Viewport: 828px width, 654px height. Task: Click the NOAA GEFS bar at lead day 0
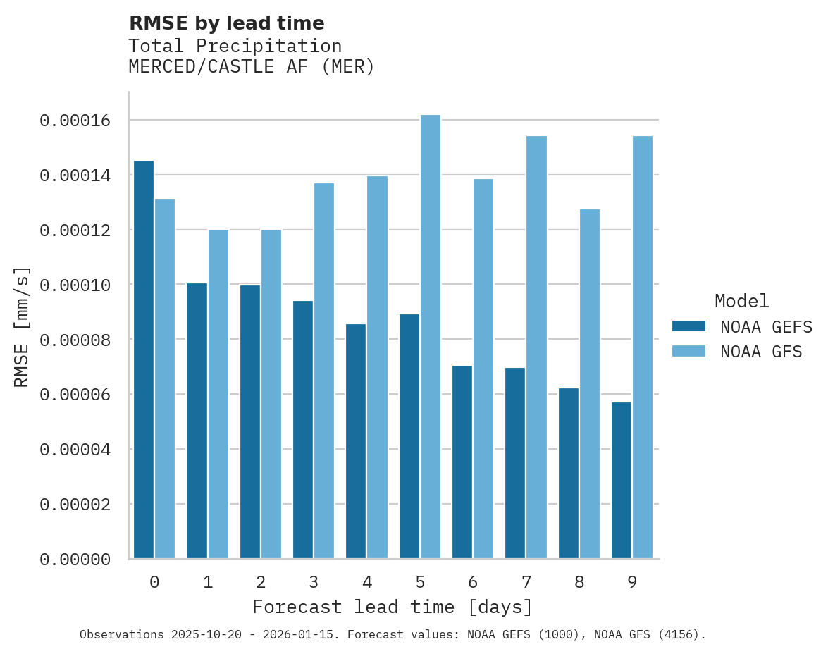coord(144,359)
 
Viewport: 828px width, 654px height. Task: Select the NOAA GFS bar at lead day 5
coord(431,337)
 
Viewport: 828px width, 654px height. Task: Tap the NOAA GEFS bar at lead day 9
coord(622,481)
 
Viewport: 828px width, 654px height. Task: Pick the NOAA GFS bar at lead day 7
coord(537,347)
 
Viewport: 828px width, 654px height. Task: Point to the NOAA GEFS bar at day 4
coord(356,441)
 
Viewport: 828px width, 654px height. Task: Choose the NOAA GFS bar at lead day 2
coord(271,394)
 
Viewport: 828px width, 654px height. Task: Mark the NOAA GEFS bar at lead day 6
coord(462,462)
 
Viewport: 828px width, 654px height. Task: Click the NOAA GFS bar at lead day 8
coord(590,384)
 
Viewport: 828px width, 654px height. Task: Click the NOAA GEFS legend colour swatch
coord(688,326)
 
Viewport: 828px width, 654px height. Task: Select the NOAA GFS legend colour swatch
coord(688,351)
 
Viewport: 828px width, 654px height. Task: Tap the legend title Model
coord(741,301)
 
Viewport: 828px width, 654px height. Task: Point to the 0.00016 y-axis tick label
coord(75,121)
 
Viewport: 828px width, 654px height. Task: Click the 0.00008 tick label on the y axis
coord(75,340)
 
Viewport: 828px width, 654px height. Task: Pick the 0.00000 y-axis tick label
coord(75,560)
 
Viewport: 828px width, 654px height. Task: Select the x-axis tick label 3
coord(314,582)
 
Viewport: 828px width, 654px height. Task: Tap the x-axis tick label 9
coord(632,582)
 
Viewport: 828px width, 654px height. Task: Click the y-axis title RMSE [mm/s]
coord(23,326)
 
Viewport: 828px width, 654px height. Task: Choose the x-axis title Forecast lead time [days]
coord(393,607)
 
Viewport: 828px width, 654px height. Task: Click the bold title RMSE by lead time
coord(226,23)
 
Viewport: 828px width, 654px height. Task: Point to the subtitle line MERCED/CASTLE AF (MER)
coord(252,67)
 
